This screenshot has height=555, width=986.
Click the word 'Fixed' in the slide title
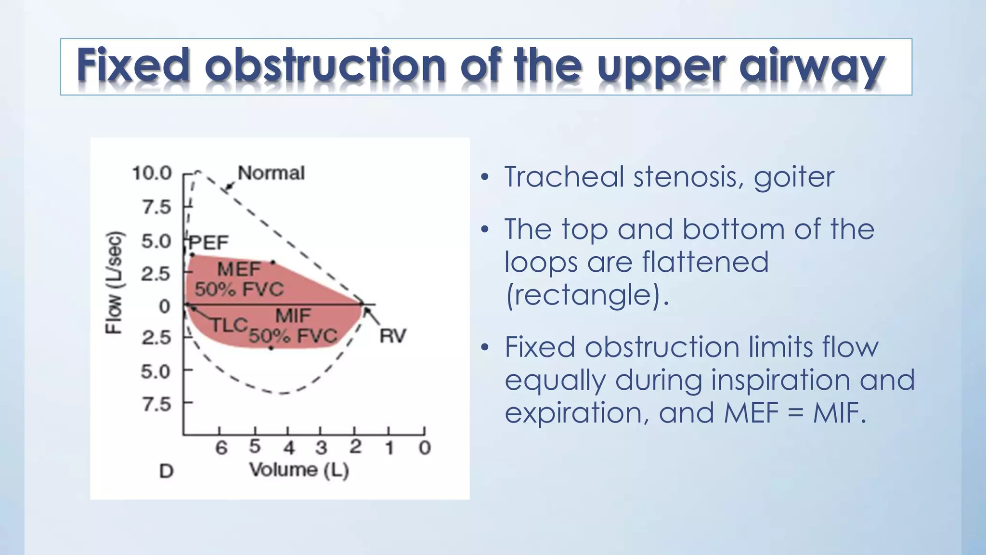click(133, 65)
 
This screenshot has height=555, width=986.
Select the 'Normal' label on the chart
click(271, 173)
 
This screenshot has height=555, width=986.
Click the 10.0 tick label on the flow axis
click(152, 173)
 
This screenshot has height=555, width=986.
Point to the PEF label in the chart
click(209, 242)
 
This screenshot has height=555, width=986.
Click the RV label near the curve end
click(393, 336)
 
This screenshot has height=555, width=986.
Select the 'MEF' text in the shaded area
click(239, 269)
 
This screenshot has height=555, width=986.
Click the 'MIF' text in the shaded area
click(293, 316)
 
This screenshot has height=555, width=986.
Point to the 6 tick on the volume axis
click(221, 448)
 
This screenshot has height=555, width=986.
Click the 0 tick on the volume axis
click(424, 448)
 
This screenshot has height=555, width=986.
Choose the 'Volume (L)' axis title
click(299, 470)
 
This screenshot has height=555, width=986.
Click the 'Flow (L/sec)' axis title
click(115, 283)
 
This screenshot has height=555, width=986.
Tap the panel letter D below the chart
click(166, 471)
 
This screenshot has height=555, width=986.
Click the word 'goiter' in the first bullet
click(793, 177)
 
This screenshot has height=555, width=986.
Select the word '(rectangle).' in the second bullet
click(587, 295)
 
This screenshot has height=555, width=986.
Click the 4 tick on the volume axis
click(288, 448)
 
